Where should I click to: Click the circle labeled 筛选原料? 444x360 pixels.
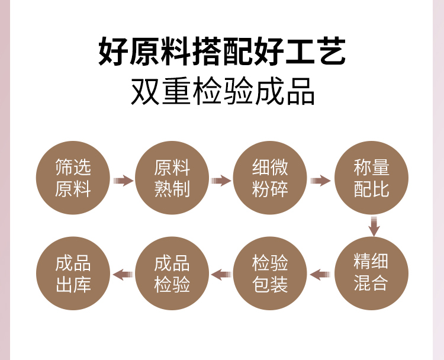coord(73,178)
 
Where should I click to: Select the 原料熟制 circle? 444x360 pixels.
coord(172,178)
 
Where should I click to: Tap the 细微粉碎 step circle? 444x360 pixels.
coord(271,178)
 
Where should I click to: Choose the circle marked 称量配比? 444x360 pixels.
coord(371,178)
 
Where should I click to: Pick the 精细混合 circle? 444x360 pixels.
coord(371,273)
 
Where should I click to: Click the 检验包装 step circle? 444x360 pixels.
coord(271,273)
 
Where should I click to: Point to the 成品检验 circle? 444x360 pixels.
coord(172,273)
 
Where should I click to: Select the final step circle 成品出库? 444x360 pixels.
coord(73,273)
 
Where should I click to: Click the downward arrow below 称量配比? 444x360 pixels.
coord(374,226)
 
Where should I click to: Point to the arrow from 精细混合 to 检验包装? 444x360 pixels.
coord(320,274)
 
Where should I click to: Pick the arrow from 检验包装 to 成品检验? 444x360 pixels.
coord(221,274)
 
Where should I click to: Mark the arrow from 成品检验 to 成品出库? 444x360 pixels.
coord(123,274)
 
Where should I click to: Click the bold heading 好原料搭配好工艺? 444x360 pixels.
coord(222,52)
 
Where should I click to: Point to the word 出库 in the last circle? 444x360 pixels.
coord(73,284)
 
